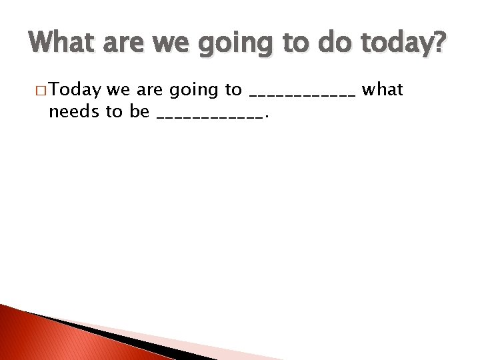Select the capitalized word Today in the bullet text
pos(75,90)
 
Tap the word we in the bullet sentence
pos(117,90)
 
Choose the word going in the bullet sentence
pos(195,91)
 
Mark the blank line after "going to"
pos(302,95)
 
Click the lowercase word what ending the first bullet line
pos(382,89)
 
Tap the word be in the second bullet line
pos(139,111)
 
